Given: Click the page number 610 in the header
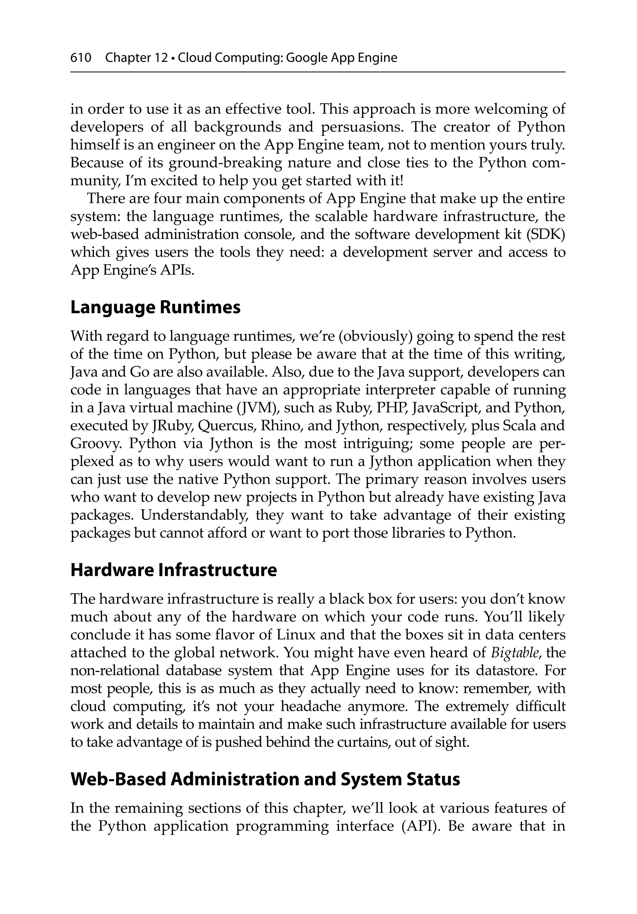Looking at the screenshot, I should click(81, 58).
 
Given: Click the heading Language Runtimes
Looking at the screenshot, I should click(155, 308).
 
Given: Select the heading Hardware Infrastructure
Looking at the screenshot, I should click(173, 570).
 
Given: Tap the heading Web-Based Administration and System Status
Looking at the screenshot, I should click(265, 779).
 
